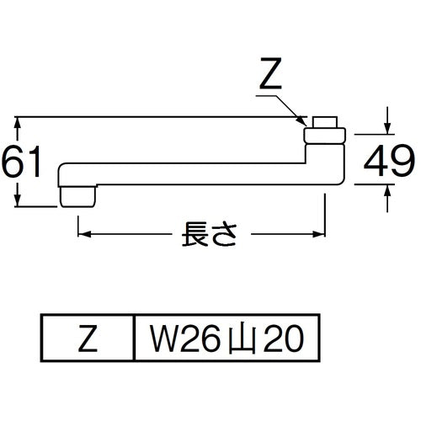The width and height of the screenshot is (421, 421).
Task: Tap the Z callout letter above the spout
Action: coord(270,78)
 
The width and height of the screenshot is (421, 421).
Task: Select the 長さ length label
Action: coord(208,232)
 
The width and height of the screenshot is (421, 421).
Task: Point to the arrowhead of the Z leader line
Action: coord(304,123)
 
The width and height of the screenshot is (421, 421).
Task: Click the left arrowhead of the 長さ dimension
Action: coord(82,232)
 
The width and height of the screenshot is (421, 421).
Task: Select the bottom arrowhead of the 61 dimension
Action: coord(19,202)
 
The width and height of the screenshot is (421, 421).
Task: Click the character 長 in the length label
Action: coord(194,232)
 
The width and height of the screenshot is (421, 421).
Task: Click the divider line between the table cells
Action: coord(135,339)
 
